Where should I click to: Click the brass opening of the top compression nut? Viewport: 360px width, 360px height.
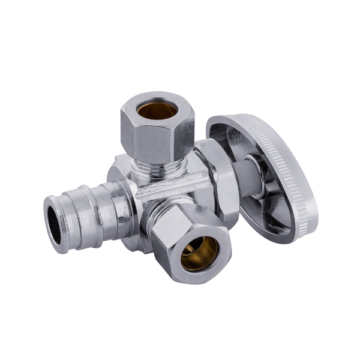click(x=157, y=110)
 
